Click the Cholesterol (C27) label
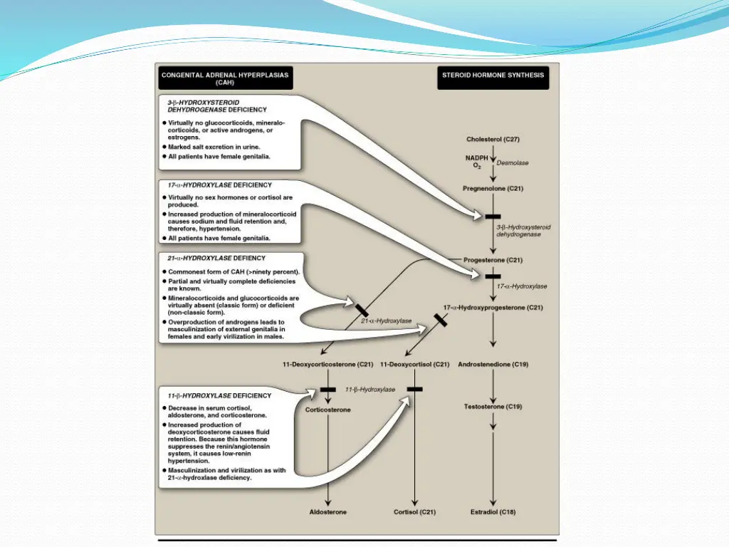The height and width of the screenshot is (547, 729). point(493,139)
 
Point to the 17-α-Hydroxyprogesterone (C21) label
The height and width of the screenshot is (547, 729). point(493,308)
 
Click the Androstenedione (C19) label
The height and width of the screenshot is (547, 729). point(493,365)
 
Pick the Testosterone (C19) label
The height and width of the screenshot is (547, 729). point(493,406)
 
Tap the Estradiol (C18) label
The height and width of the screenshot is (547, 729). point(493,512)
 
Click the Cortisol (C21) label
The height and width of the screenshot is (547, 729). point(414,512)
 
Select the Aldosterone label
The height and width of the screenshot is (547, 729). point(327,512)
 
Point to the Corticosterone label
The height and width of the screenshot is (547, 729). point(327,410)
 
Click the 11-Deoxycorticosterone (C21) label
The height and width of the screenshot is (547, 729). point(327,365)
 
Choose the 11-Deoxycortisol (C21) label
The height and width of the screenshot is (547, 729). point(414,365)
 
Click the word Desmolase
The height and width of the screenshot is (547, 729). point(513,163)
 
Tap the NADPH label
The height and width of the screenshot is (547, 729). point(477,157)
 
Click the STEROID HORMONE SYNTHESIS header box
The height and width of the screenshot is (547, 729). point(493,78)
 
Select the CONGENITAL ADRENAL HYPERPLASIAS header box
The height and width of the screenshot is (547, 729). point(225,78)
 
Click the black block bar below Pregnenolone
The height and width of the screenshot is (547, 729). point(493,217)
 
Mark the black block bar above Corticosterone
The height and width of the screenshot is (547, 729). point(327,390)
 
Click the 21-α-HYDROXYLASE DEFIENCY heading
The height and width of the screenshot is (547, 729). point(216,258)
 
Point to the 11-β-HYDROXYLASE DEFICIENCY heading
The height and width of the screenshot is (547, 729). point(219,395)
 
